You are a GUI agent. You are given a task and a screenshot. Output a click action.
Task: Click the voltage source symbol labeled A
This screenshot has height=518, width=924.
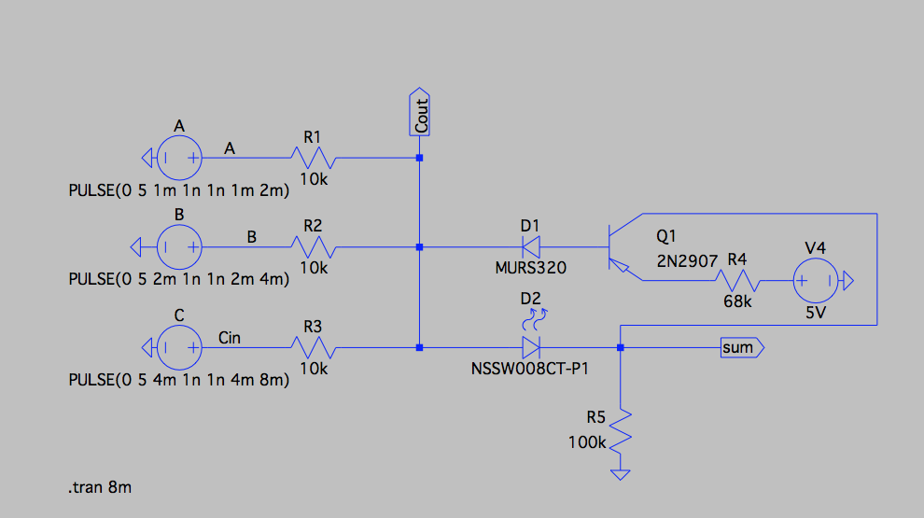tap(178, 158)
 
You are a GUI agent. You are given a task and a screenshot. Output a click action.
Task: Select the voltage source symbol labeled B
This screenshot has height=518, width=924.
tap(178, 247)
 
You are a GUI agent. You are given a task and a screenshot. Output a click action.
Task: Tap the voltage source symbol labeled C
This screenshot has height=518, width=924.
tap(178, 347)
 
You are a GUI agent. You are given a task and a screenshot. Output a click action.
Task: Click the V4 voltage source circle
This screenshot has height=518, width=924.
tap(815, 280)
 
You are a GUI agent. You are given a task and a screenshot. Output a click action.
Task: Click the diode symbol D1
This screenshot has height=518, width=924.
tap(531, 247)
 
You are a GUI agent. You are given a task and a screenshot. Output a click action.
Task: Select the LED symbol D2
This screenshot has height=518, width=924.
tap(531, 347)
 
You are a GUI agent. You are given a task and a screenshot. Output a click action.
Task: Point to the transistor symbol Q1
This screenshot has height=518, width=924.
tap(617, 247)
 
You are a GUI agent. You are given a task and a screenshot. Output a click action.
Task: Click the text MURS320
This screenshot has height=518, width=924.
tap(531, 268)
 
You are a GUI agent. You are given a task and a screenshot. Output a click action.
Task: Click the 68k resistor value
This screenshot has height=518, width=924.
tap(737, 302)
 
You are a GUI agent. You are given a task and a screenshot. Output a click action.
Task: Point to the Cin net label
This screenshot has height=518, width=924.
tap(229, 337)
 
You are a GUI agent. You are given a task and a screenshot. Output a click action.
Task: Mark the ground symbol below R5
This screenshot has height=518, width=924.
tap(621, 474)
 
